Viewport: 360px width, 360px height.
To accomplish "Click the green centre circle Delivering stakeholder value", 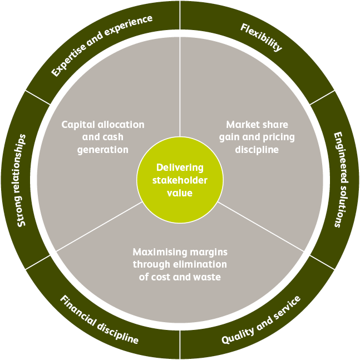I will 180,180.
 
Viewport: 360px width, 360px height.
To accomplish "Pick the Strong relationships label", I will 22,180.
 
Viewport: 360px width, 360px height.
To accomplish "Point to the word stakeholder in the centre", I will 180,180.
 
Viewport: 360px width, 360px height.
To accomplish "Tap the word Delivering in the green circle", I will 180,167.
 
